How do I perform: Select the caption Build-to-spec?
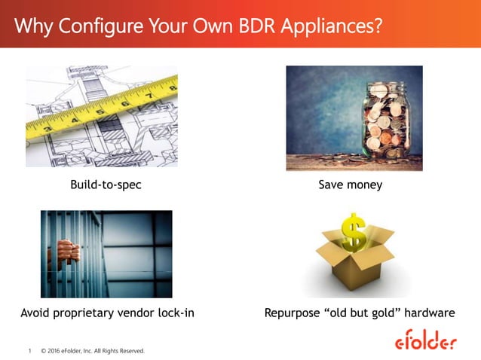click(x=106, y=185)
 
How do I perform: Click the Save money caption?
click(x=351, y=185)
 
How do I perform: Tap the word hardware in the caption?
click(x=429, y=312)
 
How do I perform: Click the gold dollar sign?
click(x=353, y=231)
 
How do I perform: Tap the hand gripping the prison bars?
click(x=67, y=251)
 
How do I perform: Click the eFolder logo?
click(x=426, y=341)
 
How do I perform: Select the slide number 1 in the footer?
click(x=29, y=351)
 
